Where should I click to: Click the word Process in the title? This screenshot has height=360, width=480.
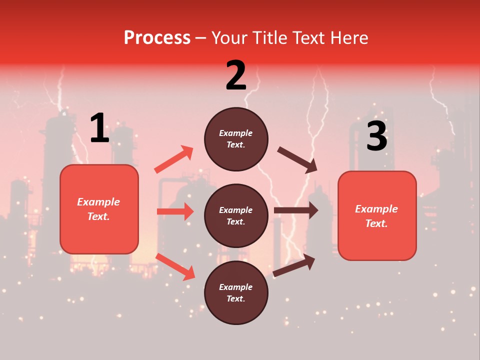coord(157,37)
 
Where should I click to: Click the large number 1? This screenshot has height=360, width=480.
coord(99,128)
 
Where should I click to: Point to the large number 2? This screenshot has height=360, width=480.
coord(236,75)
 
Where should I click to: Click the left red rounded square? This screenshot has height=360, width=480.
coord(99,209)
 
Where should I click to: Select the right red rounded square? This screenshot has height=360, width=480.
coord(377,216)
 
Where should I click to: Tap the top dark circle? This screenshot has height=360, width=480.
coord(236,139)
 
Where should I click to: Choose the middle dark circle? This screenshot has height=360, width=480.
coord(236,216)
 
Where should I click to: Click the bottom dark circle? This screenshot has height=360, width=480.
coord(236,293)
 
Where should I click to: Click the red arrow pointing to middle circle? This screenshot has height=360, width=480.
coord(175,211)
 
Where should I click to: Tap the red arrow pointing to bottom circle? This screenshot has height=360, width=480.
coord(175,266)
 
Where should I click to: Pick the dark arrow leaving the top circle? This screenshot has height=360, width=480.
coord(297,160)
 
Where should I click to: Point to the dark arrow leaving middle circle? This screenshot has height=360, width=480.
coord(296,210)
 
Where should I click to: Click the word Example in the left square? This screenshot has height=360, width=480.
coord(98,202)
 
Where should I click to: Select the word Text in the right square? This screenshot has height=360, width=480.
coord(376,223)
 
